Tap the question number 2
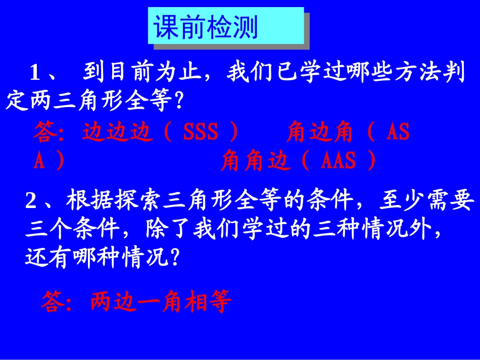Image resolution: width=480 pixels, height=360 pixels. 31,202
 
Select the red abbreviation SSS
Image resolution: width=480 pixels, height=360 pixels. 201,132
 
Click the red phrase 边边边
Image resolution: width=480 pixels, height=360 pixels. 117,132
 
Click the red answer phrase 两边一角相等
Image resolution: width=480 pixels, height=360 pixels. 161,302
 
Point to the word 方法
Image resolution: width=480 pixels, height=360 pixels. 398,74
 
